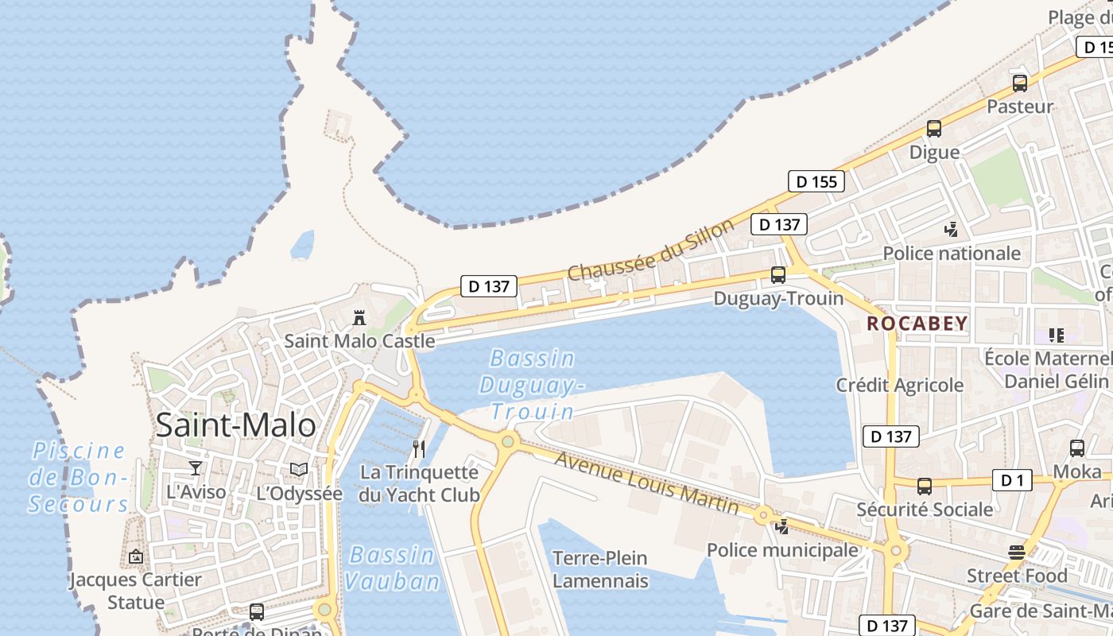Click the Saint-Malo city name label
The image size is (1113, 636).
235,425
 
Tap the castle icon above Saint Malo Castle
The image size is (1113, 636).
359,317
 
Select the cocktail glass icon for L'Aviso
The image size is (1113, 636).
196,467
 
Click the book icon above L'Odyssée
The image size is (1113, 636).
298,470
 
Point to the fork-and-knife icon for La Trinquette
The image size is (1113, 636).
419,449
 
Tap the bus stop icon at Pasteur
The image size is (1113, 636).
1019,83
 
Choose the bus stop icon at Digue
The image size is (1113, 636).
934,129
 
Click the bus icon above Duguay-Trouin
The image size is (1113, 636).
778,275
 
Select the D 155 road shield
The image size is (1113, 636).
816,181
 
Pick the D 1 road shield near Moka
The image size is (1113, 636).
1012,480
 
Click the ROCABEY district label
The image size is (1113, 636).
917,324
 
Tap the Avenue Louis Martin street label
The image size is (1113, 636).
646,482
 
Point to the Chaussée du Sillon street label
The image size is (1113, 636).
651,250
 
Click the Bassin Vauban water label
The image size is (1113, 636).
392,568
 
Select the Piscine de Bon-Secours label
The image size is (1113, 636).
79,477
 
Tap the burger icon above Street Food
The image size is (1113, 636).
1016,552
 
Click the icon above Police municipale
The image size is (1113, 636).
782,526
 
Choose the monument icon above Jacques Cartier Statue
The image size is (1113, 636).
135,556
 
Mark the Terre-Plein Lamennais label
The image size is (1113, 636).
600,569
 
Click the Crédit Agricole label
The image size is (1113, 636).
899,385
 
